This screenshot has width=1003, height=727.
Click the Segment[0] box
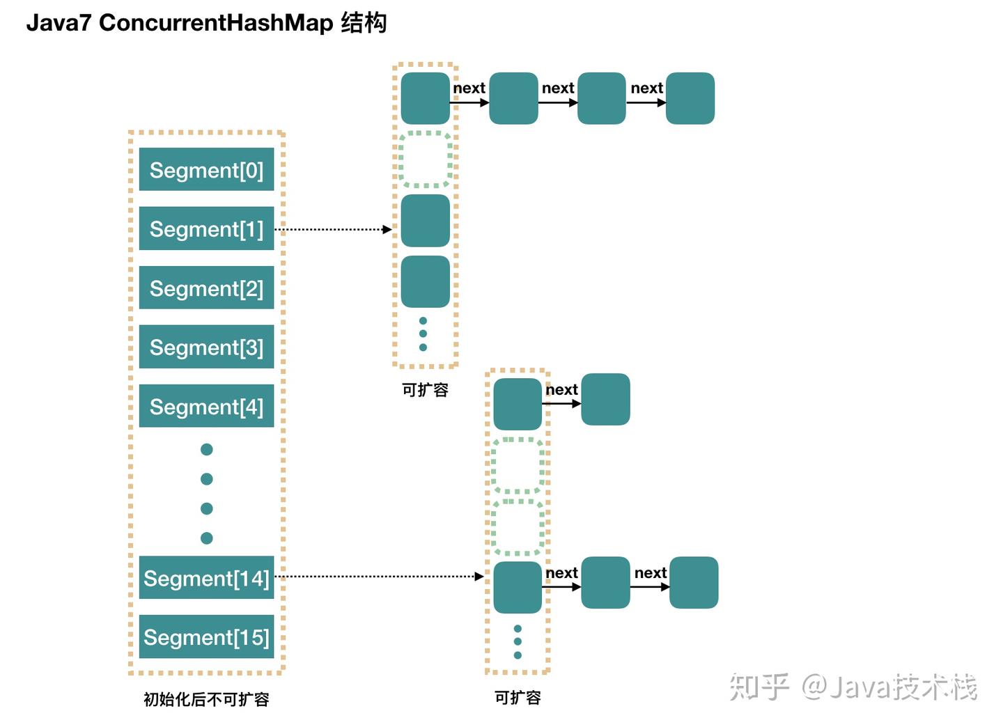coord(206,169)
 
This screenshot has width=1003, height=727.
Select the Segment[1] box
coord(206,228)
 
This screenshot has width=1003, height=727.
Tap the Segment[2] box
coord(206,288)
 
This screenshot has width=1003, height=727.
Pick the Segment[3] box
coord(206,347)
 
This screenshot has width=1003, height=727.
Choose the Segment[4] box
coord(206,406)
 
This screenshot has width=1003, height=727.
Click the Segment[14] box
coord(206,577)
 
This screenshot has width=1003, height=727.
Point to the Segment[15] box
coord(206,636)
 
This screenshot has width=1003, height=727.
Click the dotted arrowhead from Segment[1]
coord(387,229)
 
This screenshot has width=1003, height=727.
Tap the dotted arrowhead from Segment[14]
coord(479,576)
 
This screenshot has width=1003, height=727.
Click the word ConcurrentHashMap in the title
coord(216,22)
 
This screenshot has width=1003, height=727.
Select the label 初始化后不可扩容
coord(206,699)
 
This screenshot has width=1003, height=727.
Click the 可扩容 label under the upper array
coord(425,390)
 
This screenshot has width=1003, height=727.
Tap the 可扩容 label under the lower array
coord(518,697)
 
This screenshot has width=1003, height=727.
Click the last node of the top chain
coord(690,98)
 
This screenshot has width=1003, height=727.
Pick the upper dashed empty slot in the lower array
coord(518,465)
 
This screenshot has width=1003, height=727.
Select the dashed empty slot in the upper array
coord(425,159)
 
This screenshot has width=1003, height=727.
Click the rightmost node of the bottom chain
coord(694,582)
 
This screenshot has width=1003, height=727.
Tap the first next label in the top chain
coord(469,88)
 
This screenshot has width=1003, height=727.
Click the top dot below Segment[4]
coord(206,449)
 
